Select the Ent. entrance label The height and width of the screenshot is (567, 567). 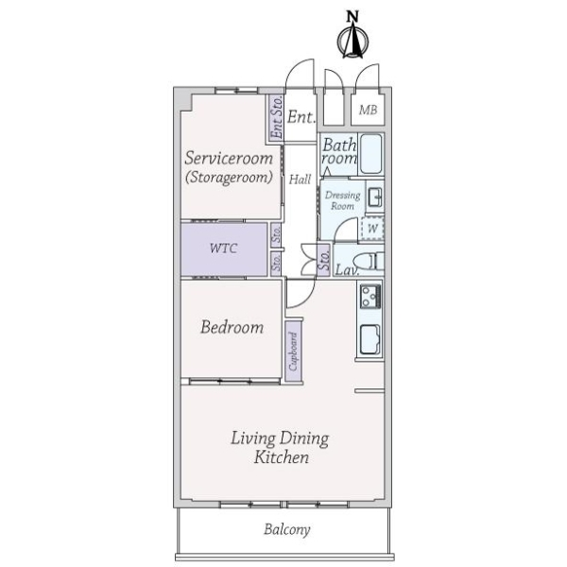click(301, 118)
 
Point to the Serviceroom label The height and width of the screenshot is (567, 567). click(228, 157)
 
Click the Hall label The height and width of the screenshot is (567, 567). click(301, 179)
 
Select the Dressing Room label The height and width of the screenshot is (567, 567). click(341, 200)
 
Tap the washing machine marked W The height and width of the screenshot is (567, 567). click(372, 228)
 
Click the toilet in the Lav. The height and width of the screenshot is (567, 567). click(368, 260)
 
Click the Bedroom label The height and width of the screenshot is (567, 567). click(231, 328)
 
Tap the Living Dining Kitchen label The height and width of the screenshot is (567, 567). click(281, 447)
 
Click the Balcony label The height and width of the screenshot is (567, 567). click(284, 530)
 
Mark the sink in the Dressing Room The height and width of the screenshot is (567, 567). click(374, 198)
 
